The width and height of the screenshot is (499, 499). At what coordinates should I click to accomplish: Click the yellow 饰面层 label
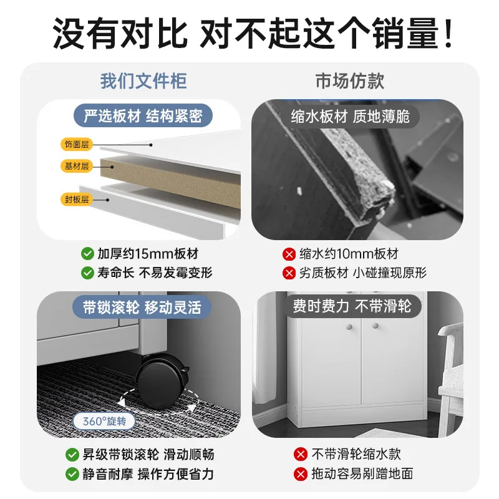[x=76, y=145]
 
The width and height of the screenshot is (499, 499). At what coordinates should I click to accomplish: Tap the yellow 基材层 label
[x=76, y=166]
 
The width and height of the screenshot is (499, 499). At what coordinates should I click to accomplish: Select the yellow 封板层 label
[x=76, y=200]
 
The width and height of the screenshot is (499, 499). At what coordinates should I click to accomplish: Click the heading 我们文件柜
[x=143, y=81]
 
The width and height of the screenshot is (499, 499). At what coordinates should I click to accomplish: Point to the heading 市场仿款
[x=350, y=81]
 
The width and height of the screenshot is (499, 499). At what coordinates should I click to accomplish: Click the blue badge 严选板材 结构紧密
[x=143, y=115]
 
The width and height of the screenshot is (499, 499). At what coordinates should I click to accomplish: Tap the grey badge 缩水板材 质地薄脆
[x=350, y=117]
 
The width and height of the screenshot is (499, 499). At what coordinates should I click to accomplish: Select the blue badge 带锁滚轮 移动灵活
[x=142, y=308]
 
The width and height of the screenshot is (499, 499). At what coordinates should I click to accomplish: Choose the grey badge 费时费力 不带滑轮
[x=352, y=306]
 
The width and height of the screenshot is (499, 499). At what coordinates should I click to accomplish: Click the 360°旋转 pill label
[x=104, y=422]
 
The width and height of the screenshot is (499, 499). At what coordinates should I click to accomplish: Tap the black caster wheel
[x=163, y=382]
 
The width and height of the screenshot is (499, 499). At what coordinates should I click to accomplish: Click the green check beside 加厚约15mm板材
[x=87, y=254]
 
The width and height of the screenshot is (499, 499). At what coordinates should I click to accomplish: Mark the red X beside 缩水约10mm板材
[x=289, y=254]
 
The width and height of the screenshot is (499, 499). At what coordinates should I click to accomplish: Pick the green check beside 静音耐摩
[x=72, y=474]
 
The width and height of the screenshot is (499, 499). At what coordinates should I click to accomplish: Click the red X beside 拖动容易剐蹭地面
[x=301, y=474]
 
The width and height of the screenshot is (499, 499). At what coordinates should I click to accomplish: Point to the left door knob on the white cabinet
[x=349, y=327]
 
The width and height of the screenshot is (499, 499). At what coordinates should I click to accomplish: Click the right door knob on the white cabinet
[x=375, y=326]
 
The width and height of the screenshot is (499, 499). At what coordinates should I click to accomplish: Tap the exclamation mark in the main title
[x=448, y=34]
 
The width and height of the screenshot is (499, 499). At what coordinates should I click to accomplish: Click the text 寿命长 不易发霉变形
[x=155, y=273]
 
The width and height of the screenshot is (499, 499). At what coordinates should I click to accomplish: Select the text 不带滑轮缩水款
[x=356, y=454]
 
